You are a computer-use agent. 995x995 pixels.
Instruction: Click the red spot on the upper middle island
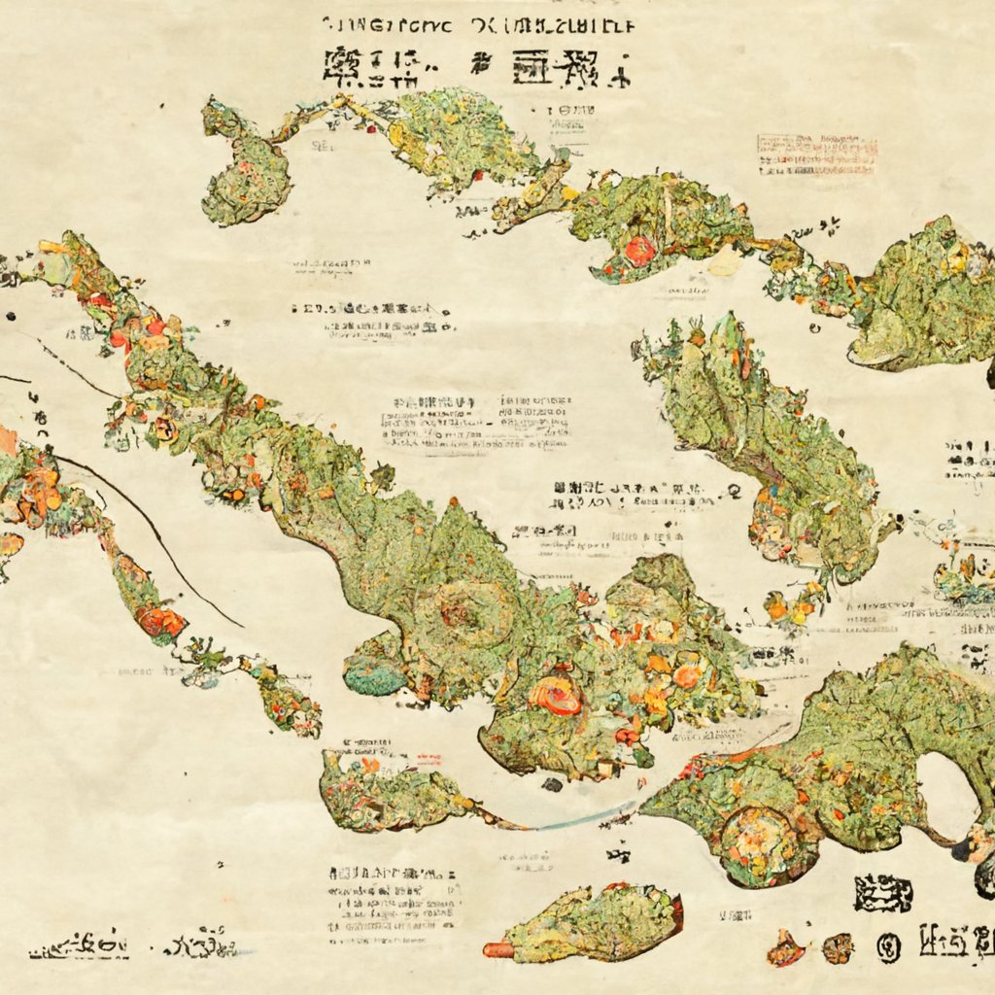point(639,251)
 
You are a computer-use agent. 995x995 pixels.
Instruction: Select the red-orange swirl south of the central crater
point(556,696)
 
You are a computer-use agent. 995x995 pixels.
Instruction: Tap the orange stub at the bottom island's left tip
point(498,949)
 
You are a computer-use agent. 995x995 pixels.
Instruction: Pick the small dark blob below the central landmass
point(552,784)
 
